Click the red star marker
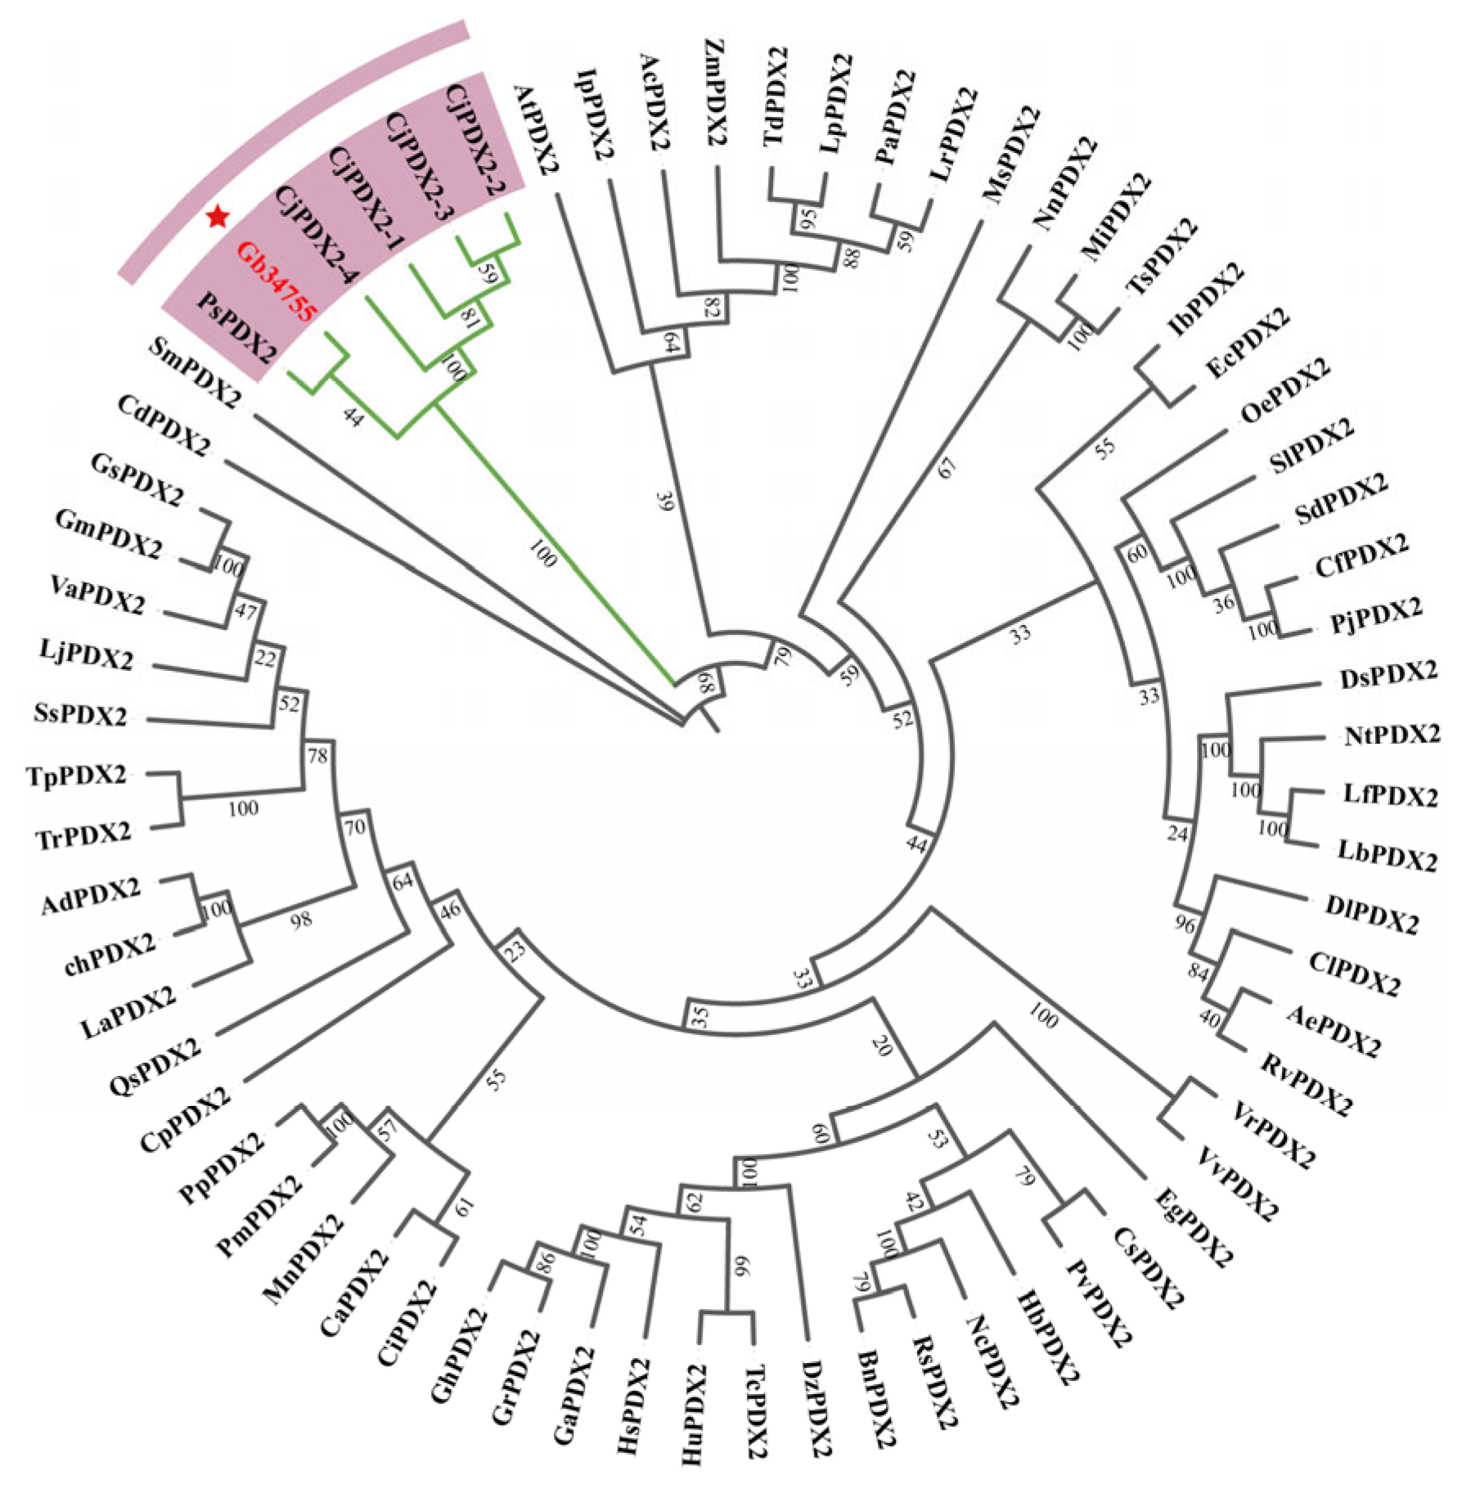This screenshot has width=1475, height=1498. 218,217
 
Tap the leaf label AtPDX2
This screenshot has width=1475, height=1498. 537,131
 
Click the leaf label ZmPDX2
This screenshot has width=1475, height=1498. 714,92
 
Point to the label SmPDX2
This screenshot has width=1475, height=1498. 196,373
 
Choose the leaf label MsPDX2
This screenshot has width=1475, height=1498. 1012,155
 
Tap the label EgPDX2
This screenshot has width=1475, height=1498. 1193,1227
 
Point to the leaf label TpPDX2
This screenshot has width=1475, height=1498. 77,775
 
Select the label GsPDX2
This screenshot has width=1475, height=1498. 137,481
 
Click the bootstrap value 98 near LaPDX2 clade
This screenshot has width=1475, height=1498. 301,920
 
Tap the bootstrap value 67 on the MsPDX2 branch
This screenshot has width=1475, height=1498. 947,468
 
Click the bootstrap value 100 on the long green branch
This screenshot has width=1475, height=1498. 542,554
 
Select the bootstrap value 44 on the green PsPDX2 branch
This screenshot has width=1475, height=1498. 353,417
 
